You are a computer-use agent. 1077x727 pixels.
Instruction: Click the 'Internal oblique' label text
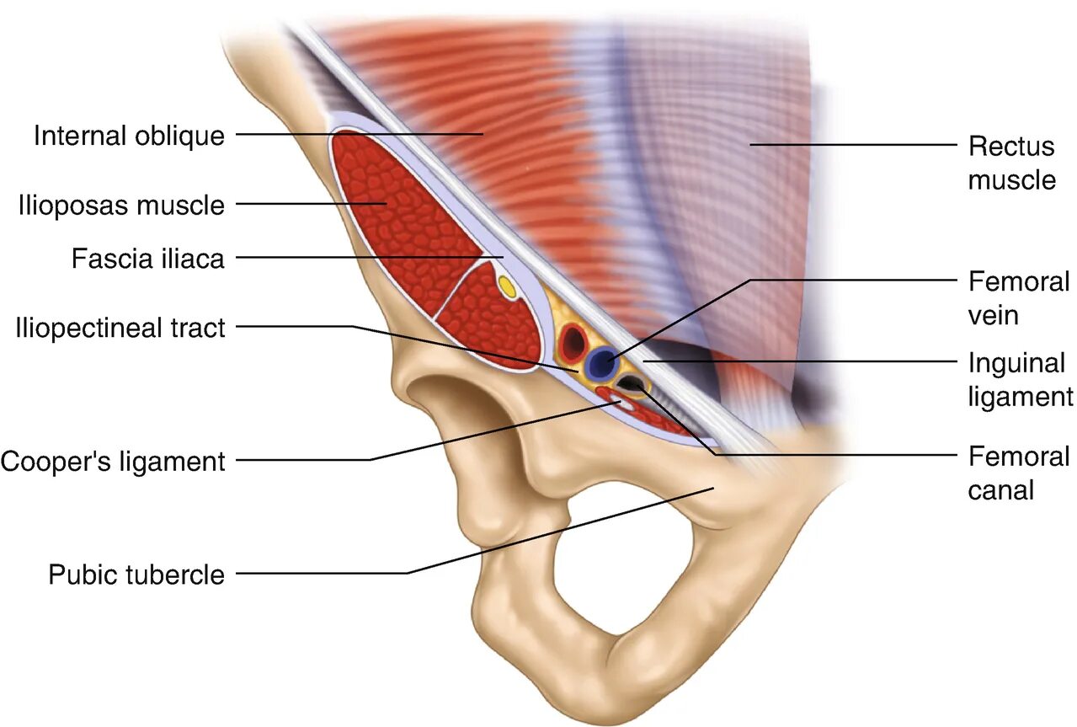tap(129, 135)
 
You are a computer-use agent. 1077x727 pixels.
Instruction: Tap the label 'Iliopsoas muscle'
tap(121, 205)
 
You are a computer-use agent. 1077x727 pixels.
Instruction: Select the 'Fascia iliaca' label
tap(147, 258)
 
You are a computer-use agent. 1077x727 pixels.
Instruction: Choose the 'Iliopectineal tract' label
tap(120, 327)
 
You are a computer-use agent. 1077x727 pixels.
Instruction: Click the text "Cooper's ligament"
tap(113, 461)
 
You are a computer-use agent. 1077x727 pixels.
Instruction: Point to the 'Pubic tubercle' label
tap(136, 575)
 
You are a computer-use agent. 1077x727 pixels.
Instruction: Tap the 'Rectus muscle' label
tap(1010, 163)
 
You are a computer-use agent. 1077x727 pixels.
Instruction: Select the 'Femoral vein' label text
tap(1018, 297)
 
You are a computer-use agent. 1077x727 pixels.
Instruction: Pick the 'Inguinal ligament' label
tap(1020, 379)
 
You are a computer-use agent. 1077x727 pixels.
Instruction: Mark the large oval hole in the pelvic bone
tap(623, 573)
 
